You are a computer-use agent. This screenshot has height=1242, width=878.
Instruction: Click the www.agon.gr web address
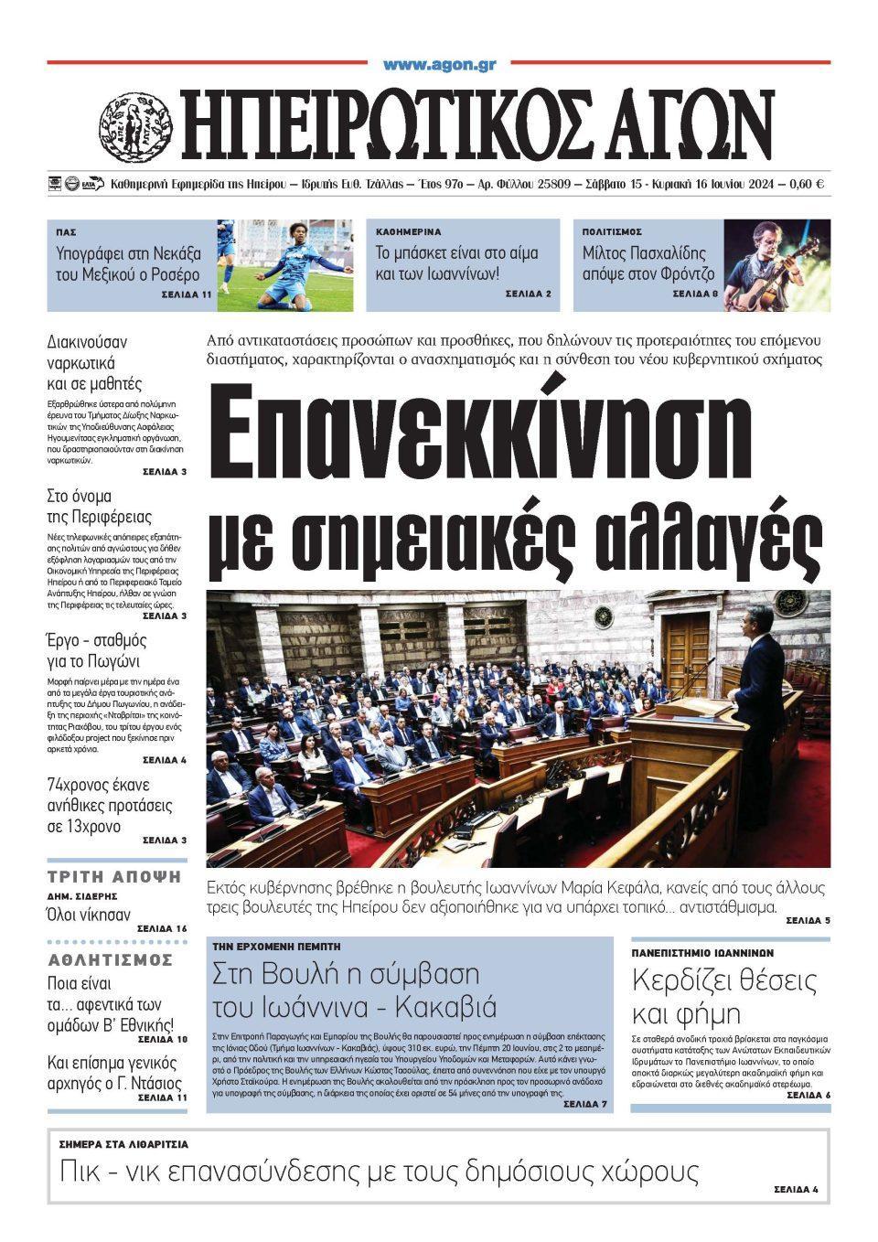coord(439,65)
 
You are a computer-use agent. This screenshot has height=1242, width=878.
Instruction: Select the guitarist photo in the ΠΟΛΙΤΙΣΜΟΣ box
coord(776,264)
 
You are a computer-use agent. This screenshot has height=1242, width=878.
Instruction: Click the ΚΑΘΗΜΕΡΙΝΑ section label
coord(408,232)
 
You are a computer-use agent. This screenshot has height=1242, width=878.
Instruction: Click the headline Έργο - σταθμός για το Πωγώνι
coord(97,650)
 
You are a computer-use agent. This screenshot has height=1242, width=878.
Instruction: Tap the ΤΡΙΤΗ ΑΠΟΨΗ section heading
coord(114,876)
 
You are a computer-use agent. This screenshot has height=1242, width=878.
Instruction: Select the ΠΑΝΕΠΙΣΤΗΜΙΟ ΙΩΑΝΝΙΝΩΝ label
coord(702,952)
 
